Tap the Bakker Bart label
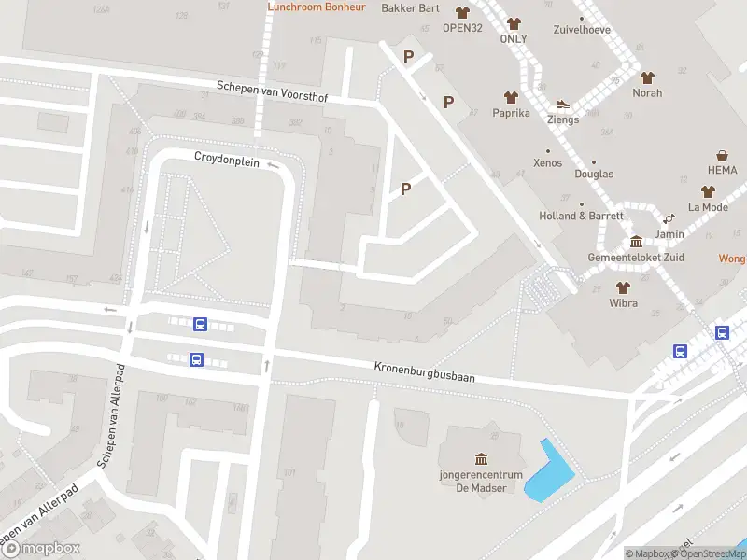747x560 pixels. point(411,8)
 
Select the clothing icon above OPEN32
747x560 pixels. point(462,12)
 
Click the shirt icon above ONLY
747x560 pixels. point(514,23)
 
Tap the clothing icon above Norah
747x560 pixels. point(647,77)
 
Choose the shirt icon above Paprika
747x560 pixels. point(511,97)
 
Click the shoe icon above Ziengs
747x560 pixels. point(563,105)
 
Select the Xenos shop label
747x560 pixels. point(547,163)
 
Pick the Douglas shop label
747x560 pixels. point(594,174)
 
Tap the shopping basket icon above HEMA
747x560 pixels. point(722,155)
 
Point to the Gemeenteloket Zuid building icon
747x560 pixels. point(636,242)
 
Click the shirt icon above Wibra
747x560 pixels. point(623,287)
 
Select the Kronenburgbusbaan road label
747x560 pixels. point(425,371)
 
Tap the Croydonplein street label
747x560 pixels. point(226,157)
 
